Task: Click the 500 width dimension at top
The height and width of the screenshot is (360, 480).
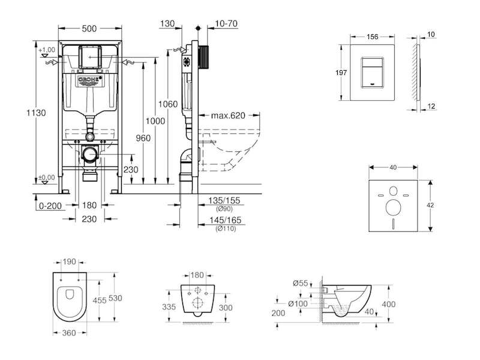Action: click(x=89, y=28)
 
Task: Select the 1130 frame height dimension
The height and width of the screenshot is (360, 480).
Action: click(x=36, y=113)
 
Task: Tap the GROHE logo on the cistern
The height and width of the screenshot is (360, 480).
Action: click(x=90, y=80)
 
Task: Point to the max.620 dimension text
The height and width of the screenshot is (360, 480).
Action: click(x=228, y=115)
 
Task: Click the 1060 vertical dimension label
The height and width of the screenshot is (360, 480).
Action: click(x=168, y=104)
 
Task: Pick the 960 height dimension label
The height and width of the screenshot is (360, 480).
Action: click(x=143, y=138)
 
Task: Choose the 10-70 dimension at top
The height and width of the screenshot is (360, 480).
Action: click(x=226, y=23)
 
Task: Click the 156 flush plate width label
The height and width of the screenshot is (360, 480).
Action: click(x=372, y=37)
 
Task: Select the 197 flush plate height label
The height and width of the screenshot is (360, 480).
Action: click(x=341, y=73)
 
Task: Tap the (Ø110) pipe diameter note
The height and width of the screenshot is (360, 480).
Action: click(x=226, y=229)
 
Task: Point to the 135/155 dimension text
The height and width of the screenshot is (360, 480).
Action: click(x=224, y=200)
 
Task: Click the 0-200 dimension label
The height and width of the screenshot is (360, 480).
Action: click(x=50, y=206)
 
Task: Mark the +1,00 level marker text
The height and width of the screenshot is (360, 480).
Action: click(x=47, y=50)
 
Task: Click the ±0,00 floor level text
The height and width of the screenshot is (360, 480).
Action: click(x=47, y=178)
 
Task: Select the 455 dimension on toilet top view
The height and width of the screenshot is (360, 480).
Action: click(x=100, y=301)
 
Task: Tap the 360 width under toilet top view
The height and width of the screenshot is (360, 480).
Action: click(x=69, y=333)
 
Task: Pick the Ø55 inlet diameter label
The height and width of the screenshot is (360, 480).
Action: click(x=301, y=283)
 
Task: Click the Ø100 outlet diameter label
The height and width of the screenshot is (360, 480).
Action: click(x=298, y=304)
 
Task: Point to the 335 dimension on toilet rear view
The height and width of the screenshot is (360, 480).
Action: click(x=169, y=307)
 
